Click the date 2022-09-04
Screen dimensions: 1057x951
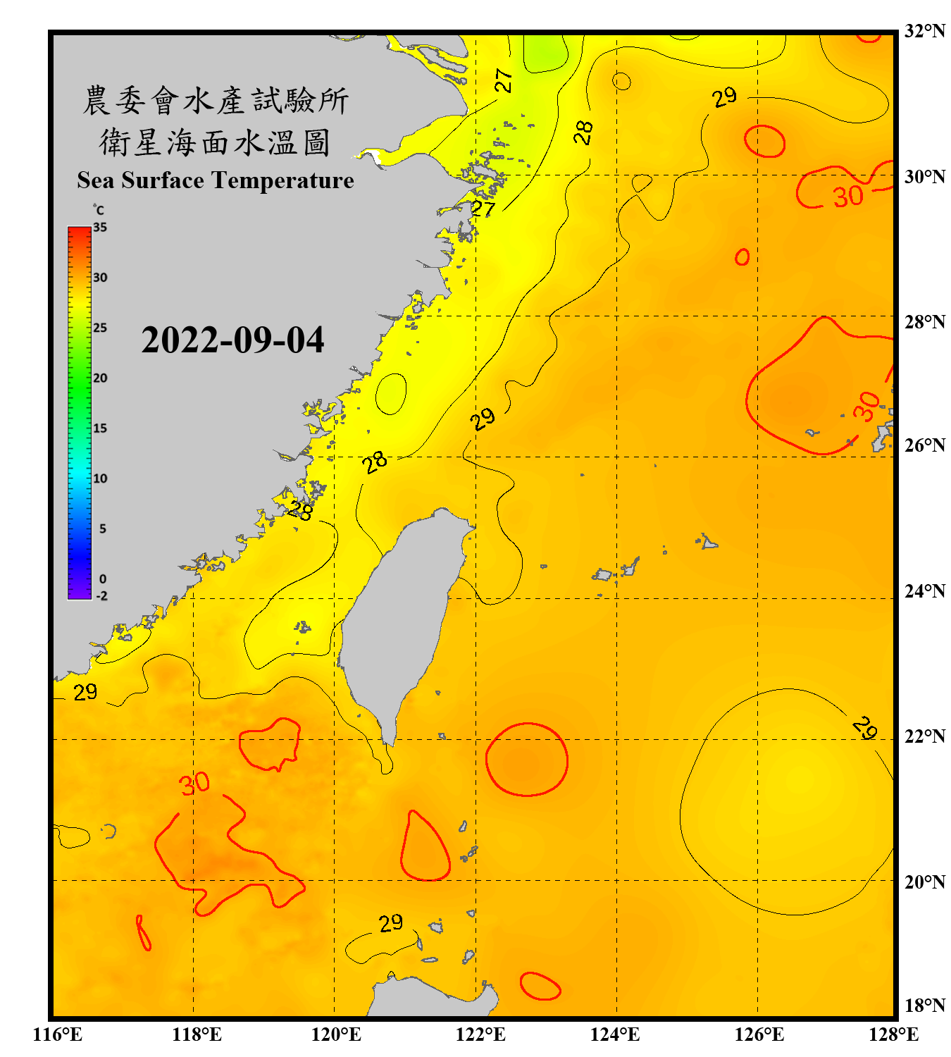[232, 340]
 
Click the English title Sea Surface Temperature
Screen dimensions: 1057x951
[216, 180]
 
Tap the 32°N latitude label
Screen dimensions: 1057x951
[924, 31]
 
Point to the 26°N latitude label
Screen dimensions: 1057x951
[924, 445]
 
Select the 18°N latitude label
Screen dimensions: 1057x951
[924, 1006]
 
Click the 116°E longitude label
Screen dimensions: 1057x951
[58, 1034]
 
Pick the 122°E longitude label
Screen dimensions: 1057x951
[480, 1034]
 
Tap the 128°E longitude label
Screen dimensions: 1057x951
[893, 1034]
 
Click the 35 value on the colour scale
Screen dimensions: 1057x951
[100, 228]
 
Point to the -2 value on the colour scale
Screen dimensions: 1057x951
[101, 596]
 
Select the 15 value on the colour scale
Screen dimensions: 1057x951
[100, 428]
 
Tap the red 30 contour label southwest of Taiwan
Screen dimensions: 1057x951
[194, 784]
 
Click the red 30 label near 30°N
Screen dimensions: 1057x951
[848, 197]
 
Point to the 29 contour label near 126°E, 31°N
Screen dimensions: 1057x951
[724, 97]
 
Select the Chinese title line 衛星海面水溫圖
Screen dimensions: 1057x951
[215, 142]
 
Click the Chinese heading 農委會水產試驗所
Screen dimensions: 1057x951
[215, 100]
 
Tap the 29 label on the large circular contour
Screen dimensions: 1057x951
[864, 728]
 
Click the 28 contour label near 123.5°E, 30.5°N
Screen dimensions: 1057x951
[583, 132]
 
